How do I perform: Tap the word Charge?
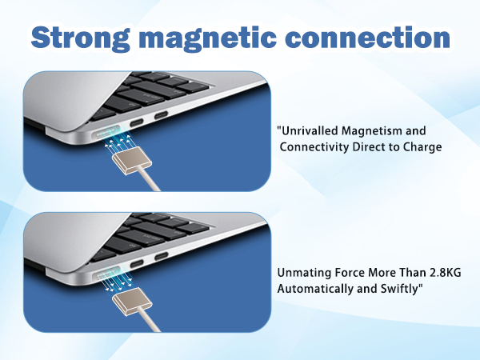coord(421,147)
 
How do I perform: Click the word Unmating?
coord(303,273)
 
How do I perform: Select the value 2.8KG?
coord(442,273)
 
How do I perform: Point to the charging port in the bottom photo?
coord(108,272)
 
